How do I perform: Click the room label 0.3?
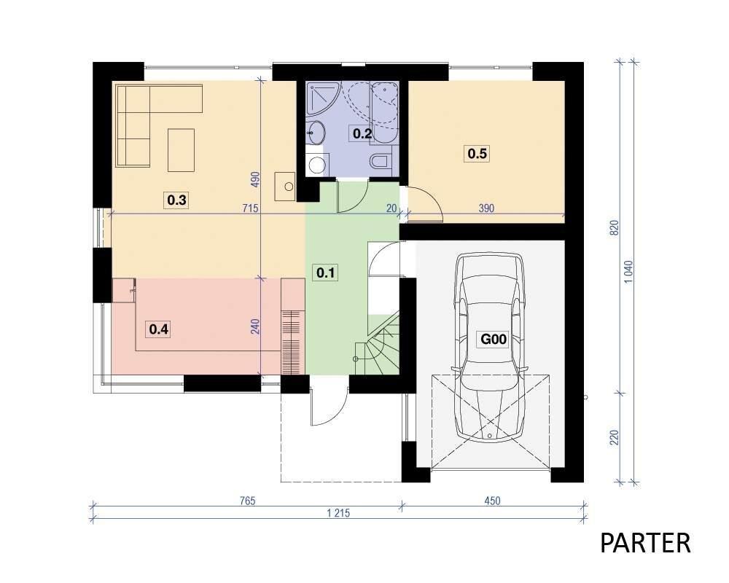[x=176, y=200]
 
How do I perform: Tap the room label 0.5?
[x=477, y=154]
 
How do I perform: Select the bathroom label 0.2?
[x=362, y=134]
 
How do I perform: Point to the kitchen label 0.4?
[x=158, y=329]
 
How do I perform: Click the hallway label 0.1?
[x=325, y=273]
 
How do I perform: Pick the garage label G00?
[x=494, y=339]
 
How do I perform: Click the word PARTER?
[x=645, y=543]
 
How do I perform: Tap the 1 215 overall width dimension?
[x=338, y=513]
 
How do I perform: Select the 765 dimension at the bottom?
[x=248, y=501]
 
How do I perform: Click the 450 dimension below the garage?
[x=492, y=501]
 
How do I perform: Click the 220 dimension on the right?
[x=615, y=437]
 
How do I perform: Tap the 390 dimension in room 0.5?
[x=486, y=208]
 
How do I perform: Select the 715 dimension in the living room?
[x=250, y=208]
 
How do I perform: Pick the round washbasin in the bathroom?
[x=316, y=132]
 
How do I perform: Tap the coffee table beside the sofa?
[x=182, y=150]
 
